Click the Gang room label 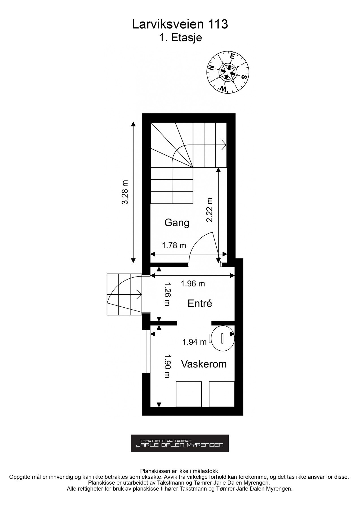tap(177, 223)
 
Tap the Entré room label tap(200, 303)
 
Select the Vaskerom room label tap(204, 364)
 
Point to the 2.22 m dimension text tap(210, 210)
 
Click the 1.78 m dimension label tap(174, 245)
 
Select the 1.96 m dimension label tap(193, 283)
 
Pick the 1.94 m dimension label tap(194, 342)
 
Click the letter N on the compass tap(211, 68)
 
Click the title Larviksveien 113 tap(180, 25)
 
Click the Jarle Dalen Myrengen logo tap(180, 443)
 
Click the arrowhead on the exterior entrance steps tap(139, 294)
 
